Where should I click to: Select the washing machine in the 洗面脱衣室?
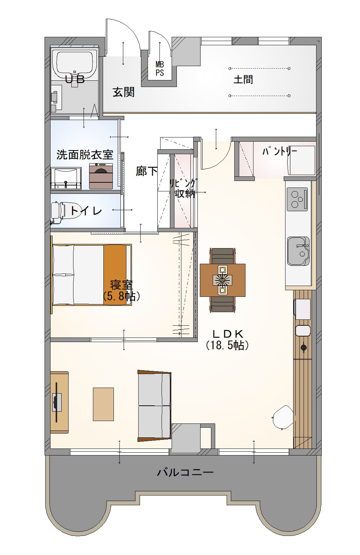click(101, 176)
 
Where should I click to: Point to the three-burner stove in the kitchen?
click(297, 199)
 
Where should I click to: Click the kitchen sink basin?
click(298, 251)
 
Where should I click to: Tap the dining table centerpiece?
click(222, 280)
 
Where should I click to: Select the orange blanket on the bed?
click(115, 275)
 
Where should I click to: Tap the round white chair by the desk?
click(283, 417)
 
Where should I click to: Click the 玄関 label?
click(124, 92)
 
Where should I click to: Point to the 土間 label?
click(243, 80)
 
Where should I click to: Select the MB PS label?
click(160, 69)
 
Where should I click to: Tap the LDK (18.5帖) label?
click(227, 340)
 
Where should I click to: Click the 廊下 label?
click(147, 171)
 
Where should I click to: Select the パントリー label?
click(280, 151)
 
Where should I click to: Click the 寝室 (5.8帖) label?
click(122, 291)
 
